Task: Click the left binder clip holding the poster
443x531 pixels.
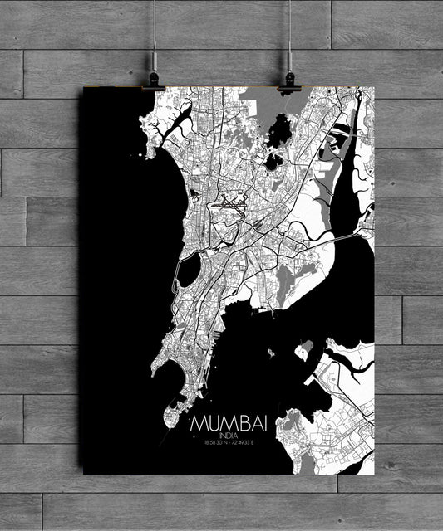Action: click(x=155, y=81)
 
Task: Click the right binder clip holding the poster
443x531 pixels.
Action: click(x=288, y=81)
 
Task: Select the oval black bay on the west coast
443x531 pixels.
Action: click(x=190, y=269)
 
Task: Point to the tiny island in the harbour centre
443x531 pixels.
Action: click(x=271, y=353)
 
